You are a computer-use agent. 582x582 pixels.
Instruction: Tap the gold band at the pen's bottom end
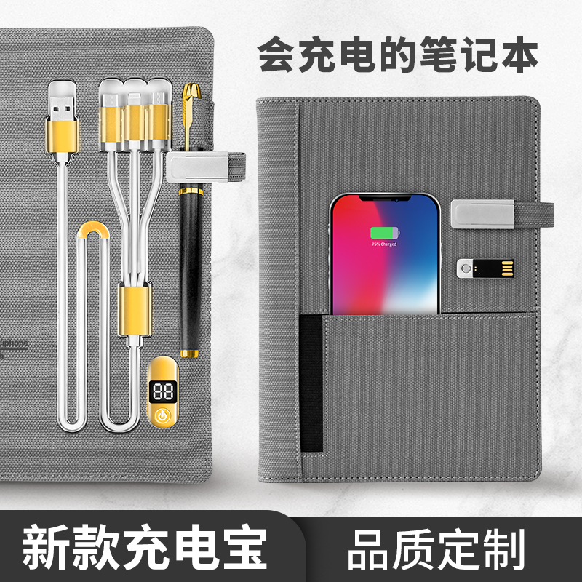(x=191, y=354)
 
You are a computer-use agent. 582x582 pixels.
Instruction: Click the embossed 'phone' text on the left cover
(x=16, y=340)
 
